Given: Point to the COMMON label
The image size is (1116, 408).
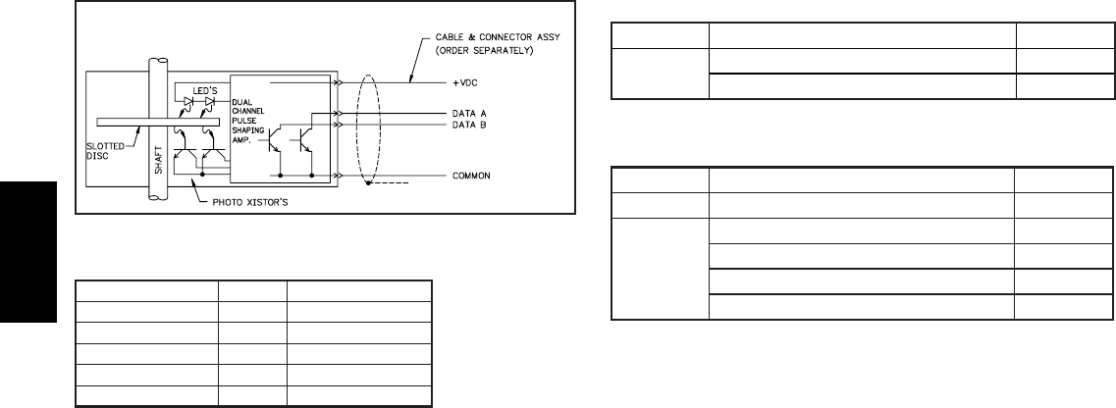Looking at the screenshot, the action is (x=471, y=176).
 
